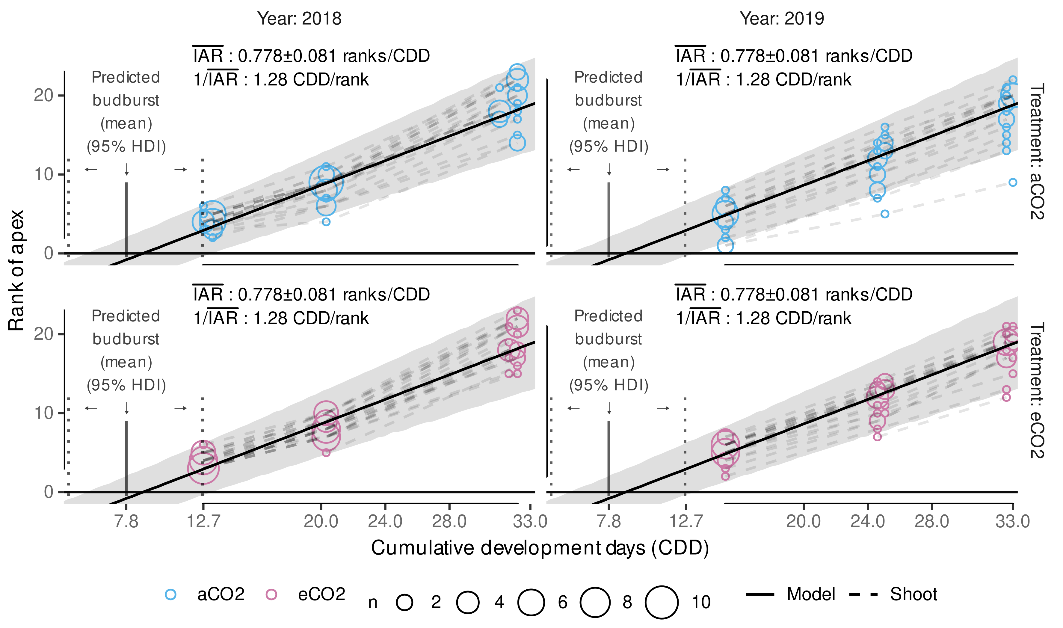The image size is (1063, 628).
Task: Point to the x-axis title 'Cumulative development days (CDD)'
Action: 540,548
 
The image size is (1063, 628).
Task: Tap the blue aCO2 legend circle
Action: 170,594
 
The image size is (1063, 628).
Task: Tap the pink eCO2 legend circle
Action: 271,594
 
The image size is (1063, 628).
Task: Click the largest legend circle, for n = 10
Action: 662,602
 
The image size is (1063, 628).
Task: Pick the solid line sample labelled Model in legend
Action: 760,594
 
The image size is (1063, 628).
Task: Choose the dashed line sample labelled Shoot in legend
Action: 863,594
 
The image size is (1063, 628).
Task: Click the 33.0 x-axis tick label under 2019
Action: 1012,521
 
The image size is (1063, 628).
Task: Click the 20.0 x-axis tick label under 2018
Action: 321,521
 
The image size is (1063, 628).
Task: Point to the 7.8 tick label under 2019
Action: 608,521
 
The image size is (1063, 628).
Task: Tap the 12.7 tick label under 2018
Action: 203,521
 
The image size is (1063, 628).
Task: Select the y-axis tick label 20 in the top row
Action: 43,96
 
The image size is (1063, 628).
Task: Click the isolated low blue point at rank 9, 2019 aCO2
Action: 1013,182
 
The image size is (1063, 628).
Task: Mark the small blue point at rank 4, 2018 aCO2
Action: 326,222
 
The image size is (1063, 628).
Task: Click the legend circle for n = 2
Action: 404,602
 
